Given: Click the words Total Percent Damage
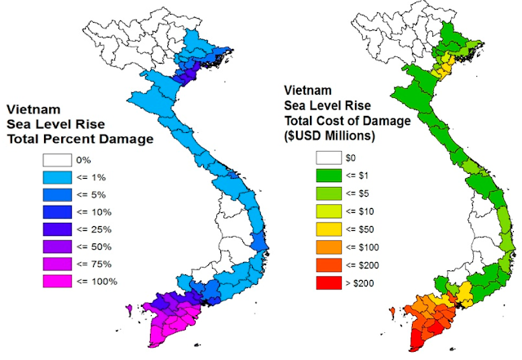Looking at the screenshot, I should [80, 140].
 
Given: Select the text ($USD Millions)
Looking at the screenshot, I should [330, 134].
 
